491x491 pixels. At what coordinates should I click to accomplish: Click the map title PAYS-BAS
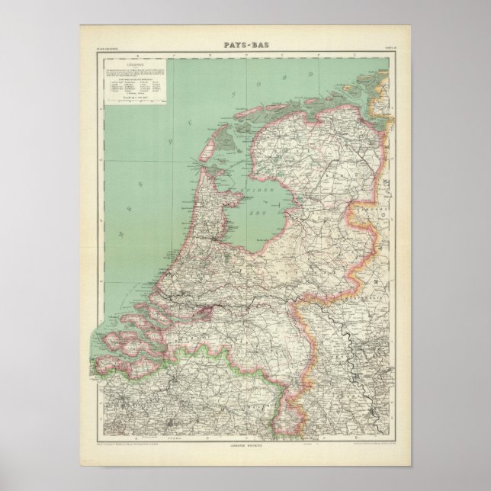pos(245,46)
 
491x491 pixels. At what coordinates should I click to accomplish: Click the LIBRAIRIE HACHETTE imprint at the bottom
pos(245,444)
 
